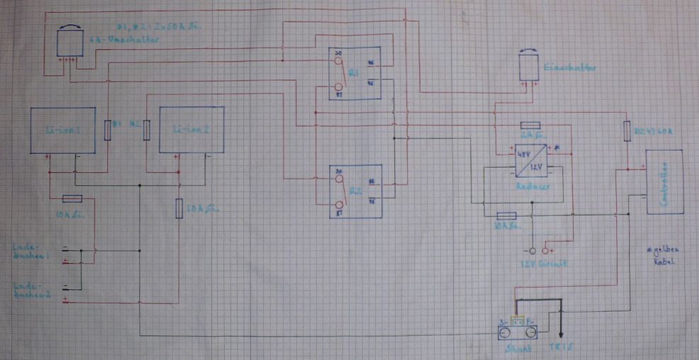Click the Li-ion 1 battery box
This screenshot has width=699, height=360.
tap(62, 130)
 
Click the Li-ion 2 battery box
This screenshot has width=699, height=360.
tap(191, 130)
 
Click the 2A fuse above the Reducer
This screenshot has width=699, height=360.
tap(531, 125)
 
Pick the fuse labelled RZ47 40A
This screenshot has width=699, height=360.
tap(627, 132)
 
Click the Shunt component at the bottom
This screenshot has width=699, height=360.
tap(516, 331)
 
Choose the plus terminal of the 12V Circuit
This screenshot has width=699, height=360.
tap(545, 250)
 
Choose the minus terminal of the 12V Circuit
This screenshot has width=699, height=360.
tap(529, 250)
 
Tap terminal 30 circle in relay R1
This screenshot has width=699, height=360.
tap(338, 62)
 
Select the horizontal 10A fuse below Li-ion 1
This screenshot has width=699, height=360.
tap(72, 198)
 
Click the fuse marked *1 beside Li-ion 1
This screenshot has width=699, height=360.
tap(108, 130)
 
